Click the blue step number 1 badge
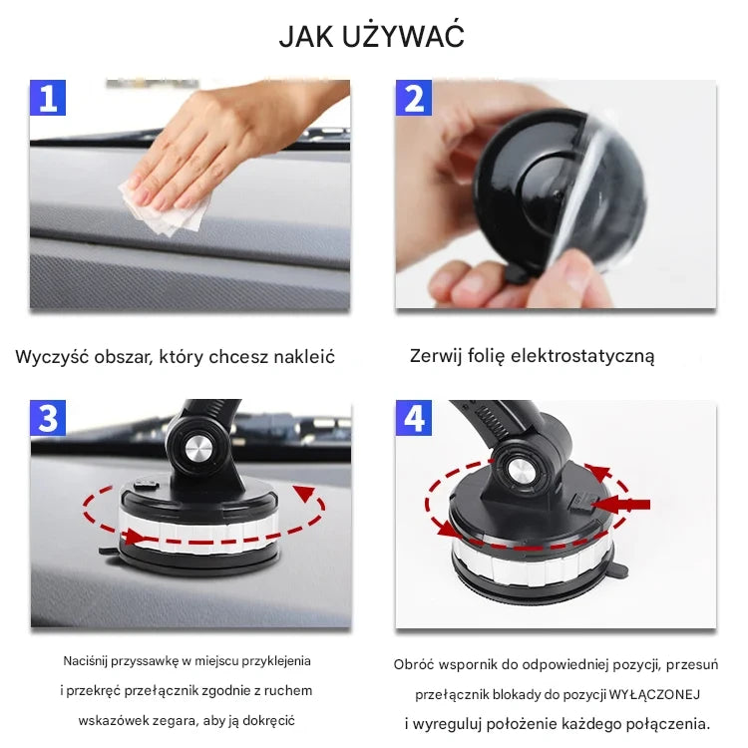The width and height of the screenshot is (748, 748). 49,98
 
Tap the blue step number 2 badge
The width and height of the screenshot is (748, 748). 414,98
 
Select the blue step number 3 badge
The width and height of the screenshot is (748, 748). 49,418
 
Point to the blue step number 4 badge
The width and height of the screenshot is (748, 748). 414,418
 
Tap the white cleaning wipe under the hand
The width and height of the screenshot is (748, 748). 166,208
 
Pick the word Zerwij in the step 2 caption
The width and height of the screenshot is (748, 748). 436,356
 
